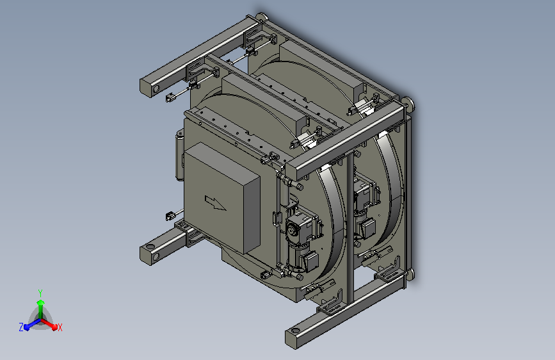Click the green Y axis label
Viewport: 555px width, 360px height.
[x=40, y=293]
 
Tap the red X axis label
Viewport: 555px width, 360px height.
[x=60, y=327]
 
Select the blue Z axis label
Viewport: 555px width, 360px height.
[x=21, y=327]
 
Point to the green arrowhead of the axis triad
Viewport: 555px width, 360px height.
[x=40, y=302]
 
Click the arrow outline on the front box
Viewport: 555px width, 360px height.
[x=215, y=203]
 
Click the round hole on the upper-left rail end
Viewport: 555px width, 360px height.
[x=156, y=89]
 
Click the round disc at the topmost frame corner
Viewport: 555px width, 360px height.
[x=262, y=17]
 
